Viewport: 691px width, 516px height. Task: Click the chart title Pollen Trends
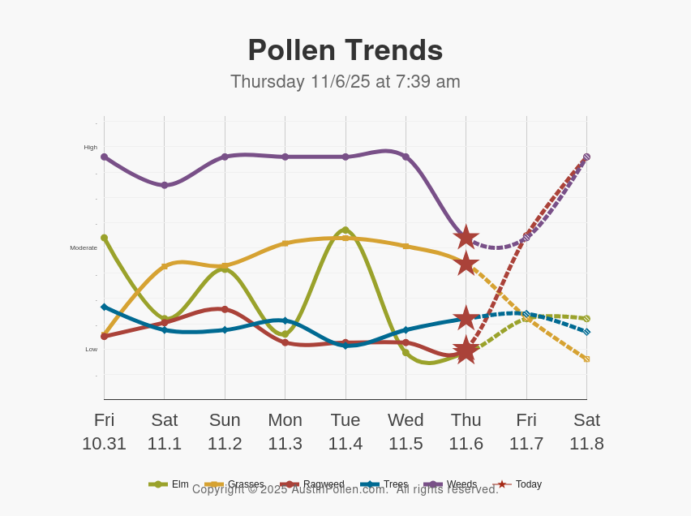click(345, 50)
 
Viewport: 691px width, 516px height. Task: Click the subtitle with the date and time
click(345, 82)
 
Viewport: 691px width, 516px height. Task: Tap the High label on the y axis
click(90, 148)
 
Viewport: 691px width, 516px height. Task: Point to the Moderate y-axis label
click(84, 248)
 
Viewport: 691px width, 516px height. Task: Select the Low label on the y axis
click(91, 350)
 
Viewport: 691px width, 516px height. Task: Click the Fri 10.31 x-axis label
click(104, 432)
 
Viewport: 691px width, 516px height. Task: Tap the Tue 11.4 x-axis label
click(345, 432)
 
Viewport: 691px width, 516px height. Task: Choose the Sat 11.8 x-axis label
click(586, 432)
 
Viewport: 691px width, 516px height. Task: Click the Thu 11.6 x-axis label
click(466, 432)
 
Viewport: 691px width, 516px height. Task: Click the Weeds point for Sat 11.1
click(165, 185)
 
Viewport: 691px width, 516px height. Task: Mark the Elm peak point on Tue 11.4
click(345, 230)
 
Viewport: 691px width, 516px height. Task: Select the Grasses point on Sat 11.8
click(586, 359)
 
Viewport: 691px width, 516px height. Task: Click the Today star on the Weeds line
click(466, 237)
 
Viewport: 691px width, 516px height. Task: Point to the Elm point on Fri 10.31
click(104, 238)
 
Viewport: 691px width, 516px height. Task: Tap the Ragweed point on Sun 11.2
click(225, 309)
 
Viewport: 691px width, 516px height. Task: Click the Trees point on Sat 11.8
click(586, 332)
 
